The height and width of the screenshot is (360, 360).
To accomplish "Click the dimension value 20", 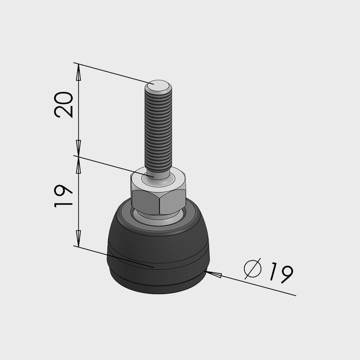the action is tap(63, 105).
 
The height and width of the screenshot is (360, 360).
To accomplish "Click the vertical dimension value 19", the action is tap(63, 196).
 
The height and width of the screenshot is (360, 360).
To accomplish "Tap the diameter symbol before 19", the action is tap(253, 269).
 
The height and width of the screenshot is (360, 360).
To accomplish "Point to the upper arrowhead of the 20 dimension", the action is tap(78, 72).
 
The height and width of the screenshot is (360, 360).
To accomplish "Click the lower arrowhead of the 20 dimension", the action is tap(78, 148).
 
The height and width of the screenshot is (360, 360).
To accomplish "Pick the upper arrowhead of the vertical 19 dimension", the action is tap(78, 165).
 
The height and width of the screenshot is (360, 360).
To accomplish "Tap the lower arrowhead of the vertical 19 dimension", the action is tap(78, 239).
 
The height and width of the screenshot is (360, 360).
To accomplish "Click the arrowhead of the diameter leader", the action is tap(213, 274).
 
